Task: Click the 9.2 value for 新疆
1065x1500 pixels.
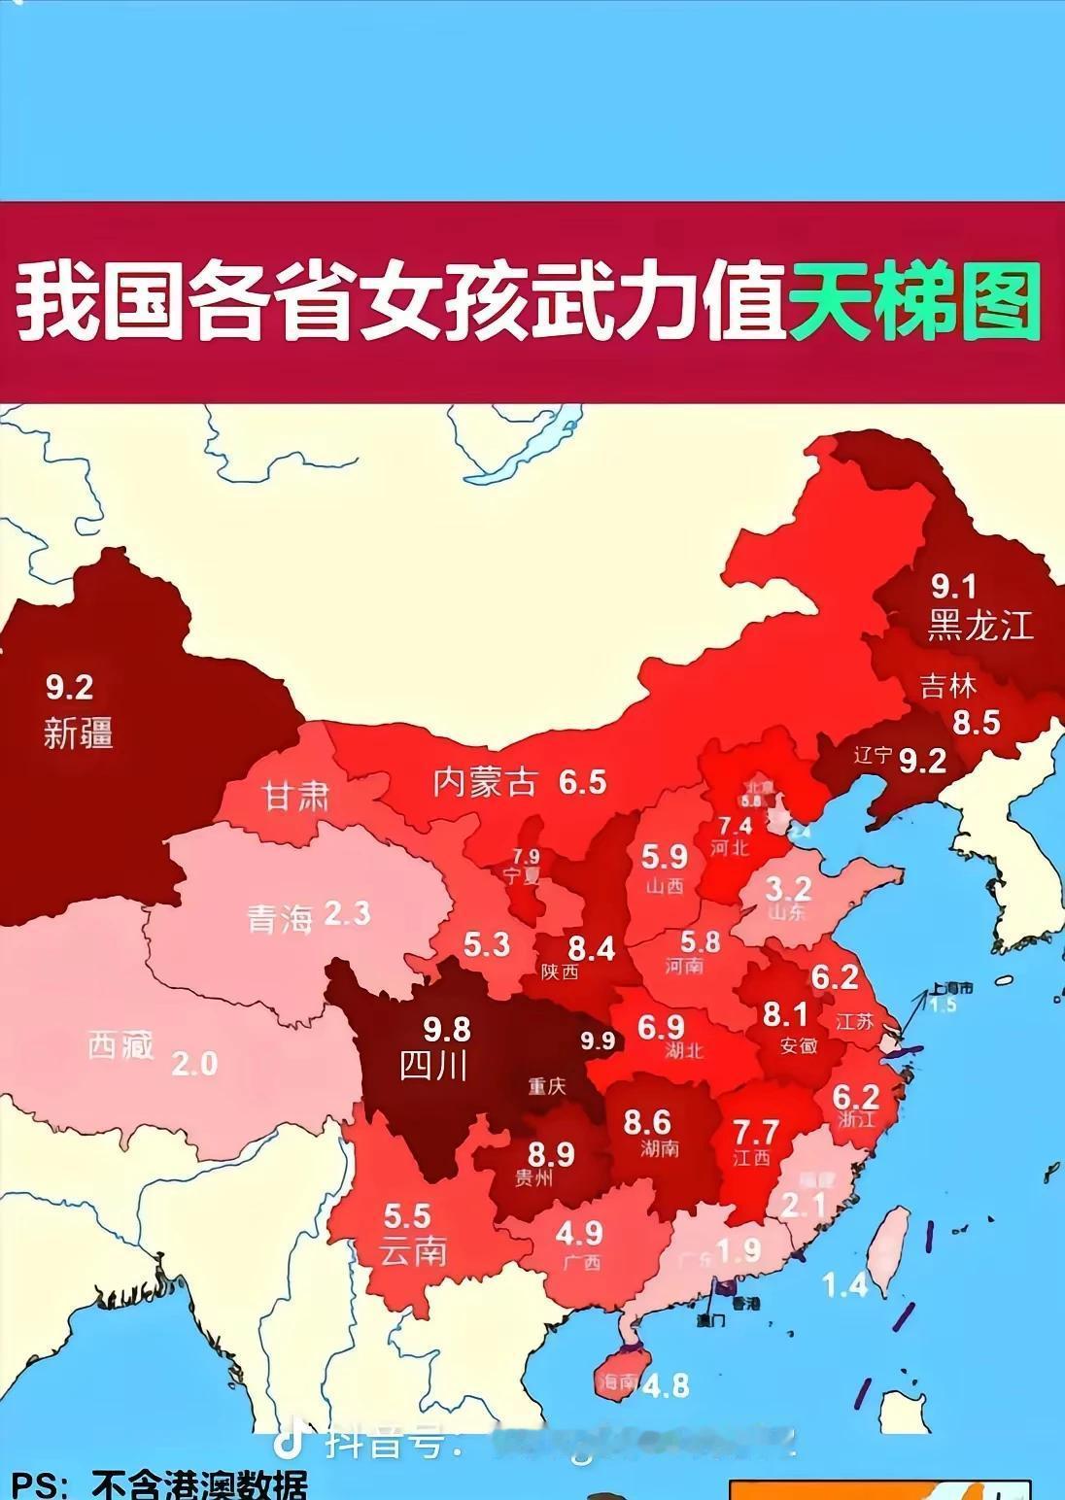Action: (69, 688)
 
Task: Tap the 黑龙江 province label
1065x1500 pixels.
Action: (979, 626)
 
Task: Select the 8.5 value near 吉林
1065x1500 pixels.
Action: (976, 723)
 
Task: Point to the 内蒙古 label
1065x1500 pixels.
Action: (484, 782)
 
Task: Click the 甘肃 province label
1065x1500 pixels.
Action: (296, 798)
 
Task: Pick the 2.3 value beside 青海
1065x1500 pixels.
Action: (347, 914)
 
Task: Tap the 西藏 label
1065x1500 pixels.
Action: (120, 1045)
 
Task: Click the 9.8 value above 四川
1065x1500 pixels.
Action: (447, 1028)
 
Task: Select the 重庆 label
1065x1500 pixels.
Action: (547, 1086)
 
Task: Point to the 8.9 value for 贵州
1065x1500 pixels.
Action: (551, 1154)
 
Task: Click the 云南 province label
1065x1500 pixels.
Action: (413, 1251)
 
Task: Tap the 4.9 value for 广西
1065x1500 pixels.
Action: (579, 1233)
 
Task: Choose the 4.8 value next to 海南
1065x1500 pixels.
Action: (665, 1384)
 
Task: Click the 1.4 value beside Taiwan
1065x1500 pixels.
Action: (843, 1285)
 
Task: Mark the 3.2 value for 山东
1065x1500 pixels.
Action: (788, 888)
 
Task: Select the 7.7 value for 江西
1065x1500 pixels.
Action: (755, 1132)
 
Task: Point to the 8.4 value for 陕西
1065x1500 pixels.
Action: (591, 947)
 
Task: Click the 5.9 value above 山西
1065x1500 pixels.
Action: (664, 857)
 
